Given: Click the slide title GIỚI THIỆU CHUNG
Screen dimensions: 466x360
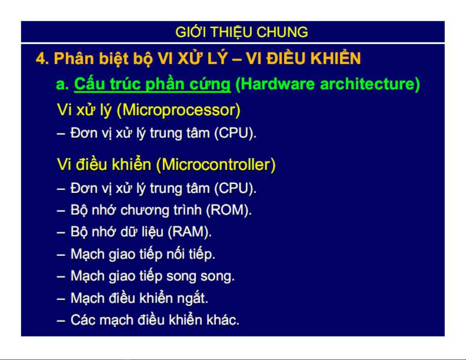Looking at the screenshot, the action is pyautogui.click(x=241, y=32).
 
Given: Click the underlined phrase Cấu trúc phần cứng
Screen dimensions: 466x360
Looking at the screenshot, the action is pyautogui.click(x=152, y=84).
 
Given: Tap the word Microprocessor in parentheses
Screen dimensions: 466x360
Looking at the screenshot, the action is pyautogui.click(x=179, y=110).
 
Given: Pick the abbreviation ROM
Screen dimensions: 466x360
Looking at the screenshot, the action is pyautogui.click(x=228, y=210).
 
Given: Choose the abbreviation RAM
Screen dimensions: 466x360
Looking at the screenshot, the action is pyautogui.click(x=189, y=232).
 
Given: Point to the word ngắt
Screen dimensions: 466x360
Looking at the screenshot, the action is pyautogui.click(x=192, y=298).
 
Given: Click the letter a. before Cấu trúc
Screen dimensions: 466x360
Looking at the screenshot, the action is pyautogui.click(x=62, y=84).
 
